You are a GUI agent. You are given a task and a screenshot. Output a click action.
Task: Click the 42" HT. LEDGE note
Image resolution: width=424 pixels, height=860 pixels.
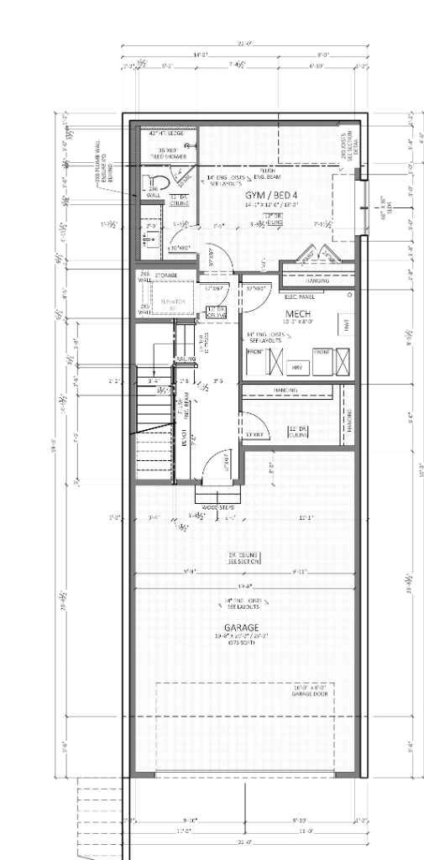click(165, 134)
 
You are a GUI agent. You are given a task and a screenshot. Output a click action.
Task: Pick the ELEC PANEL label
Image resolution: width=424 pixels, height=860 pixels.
click(300, 296)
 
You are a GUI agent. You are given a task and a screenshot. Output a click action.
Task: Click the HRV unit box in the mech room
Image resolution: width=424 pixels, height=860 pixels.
click(296, 367)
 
